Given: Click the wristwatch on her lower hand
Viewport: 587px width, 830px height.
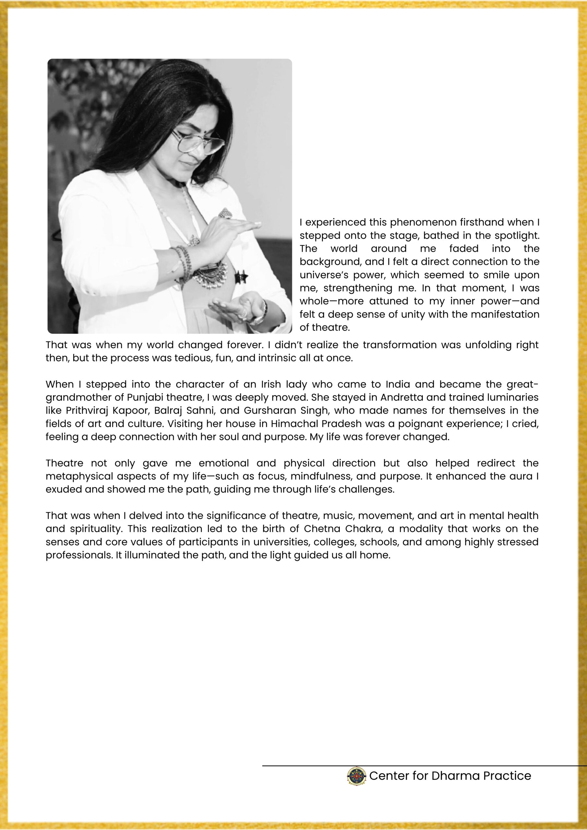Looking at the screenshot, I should pos(258,318).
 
